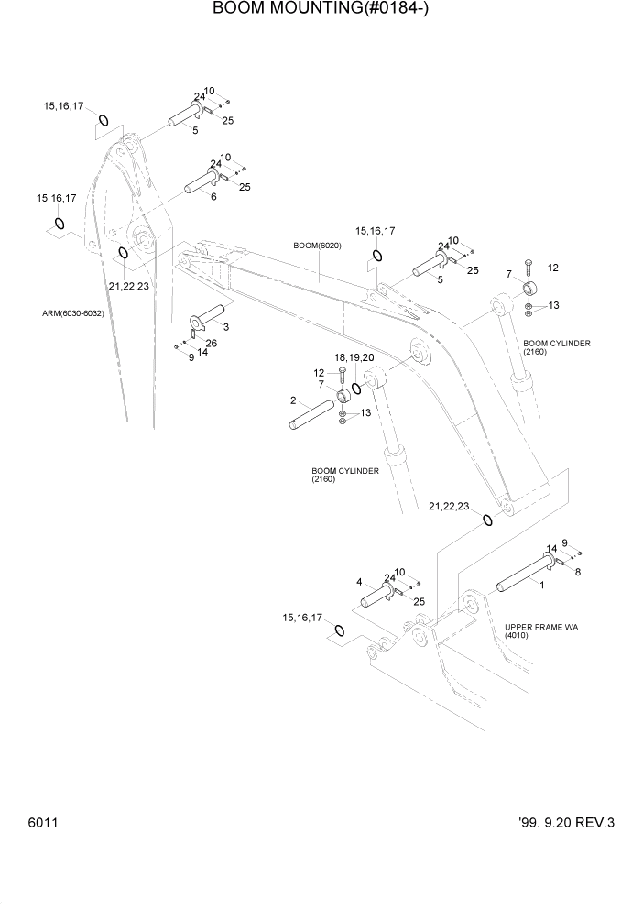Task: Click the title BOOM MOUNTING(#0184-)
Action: tap(321, 10)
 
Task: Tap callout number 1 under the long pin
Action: tap(542, 584)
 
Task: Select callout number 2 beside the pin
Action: tap(292, 400)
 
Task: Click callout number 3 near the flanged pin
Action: tap(225, 326)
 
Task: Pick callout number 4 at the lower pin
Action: tap(360, 582)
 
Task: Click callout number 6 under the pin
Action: tap(213, 197)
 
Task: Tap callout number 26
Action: tap(212, 344)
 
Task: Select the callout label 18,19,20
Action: tap(354, 357)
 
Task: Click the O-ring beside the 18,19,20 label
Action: tap(356, 389)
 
